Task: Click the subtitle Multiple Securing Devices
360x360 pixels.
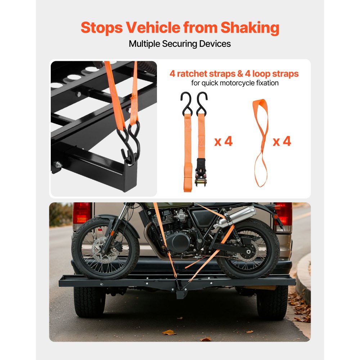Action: point(180,44)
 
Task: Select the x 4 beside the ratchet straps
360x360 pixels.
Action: point(224,141)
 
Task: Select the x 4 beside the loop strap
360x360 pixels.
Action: point(282,141)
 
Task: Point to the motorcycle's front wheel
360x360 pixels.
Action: point(105,248)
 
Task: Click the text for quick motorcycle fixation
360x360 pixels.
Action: point(234,84)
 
